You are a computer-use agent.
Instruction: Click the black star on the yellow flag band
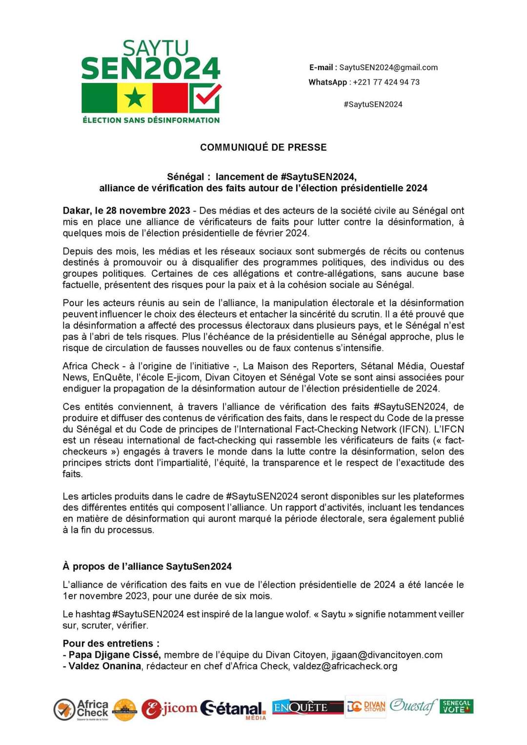pos(135,98)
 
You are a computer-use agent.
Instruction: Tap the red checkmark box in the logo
pos(205,98)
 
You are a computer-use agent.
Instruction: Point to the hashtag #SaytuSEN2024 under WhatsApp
pos(373,104)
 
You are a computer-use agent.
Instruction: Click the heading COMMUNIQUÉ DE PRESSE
pos(263,147)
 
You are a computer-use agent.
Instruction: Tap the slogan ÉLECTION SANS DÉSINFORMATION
pos(151,120)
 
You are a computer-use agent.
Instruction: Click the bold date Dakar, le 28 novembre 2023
pos(126,211)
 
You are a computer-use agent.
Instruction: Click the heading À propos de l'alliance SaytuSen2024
pos(147,566)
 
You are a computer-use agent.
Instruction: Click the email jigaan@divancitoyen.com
pos(387,655)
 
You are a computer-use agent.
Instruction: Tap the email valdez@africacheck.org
pos(345,666)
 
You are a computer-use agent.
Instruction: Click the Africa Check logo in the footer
pos(81,709)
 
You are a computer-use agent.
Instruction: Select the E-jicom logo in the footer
pos(169,708)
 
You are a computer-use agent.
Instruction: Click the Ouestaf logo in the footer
pos(413,706)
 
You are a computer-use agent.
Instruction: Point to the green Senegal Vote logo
pos(457,706)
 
